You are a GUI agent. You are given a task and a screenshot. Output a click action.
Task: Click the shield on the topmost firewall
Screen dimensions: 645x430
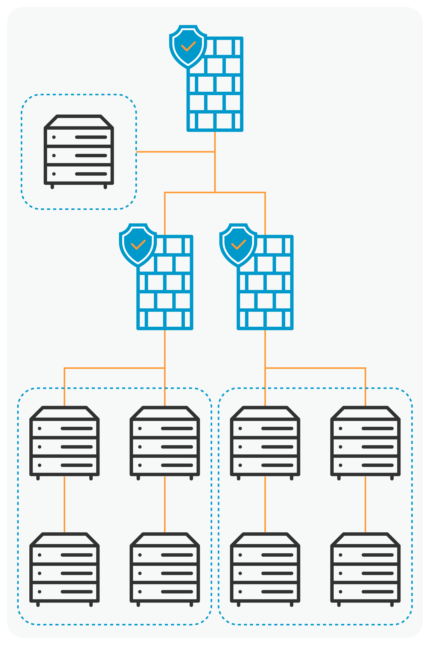[188, 47]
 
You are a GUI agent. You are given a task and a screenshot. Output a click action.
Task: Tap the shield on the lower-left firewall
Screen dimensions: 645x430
[138, 245]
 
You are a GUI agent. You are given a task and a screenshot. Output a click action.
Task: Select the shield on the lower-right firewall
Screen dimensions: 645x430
[238, 245]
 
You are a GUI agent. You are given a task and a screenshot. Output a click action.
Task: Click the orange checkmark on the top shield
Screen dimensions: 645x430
[188, 46]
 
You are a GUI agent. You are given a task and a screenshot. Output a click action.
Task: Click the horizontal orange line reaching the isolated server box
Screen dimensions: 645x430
[175, 152]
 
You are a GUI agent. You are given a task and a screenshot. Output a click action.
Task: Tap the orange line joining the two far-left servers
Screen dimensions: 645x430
[65, 504]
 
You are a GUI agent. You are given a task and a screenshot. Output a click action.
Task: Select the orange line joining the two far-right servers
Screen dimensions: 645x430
[365, 504]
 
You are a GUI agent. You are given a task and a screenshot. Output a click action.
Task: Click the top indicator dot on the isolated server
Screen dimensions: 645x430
[54, 137]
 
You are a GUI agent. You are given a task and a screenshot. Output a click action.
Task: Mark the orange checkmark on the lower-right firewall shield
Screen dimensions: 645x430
[238, 245]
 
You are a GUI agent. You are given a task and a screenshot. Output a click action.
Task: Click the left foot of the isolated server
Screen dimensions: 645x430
[52, 187]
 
